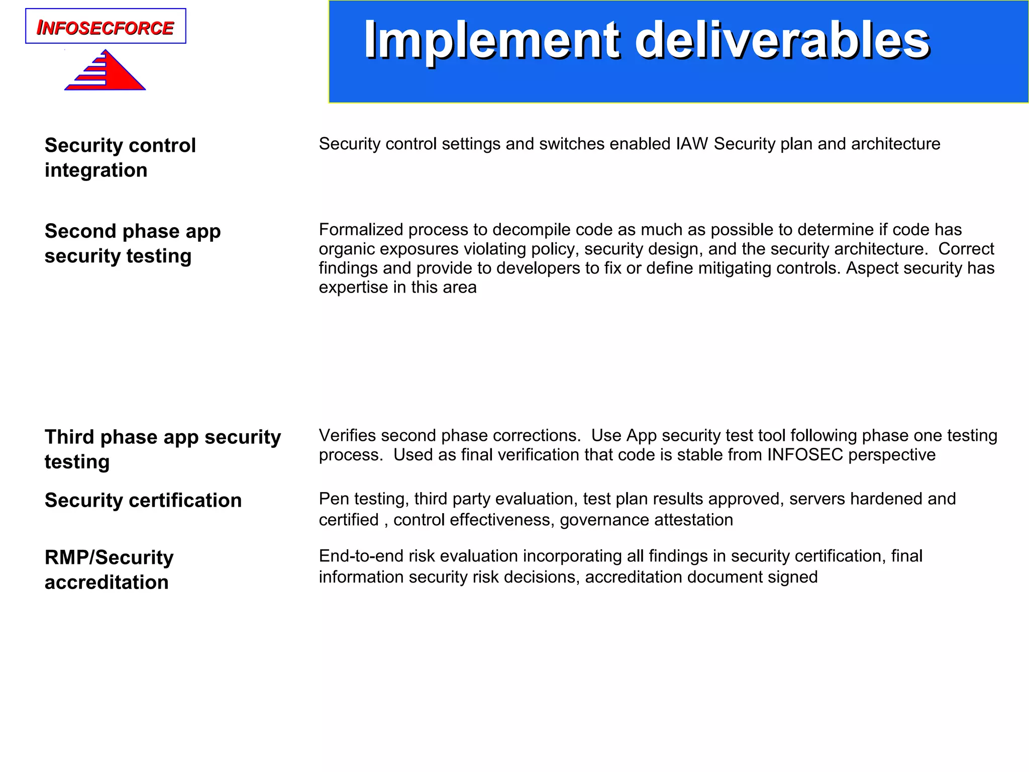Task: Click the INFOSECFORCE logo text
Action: coord(106,28)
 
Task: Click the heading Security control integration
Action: coord(120,157)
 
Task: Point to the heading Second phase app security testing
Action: coord(132,243)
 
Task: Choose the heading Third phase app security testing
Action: coord(162,449)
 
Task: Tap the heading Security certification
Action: coord(143,500)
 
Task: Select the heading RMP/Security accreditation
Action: coord(109,569)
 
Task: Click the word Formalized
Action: coord(361,230)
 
